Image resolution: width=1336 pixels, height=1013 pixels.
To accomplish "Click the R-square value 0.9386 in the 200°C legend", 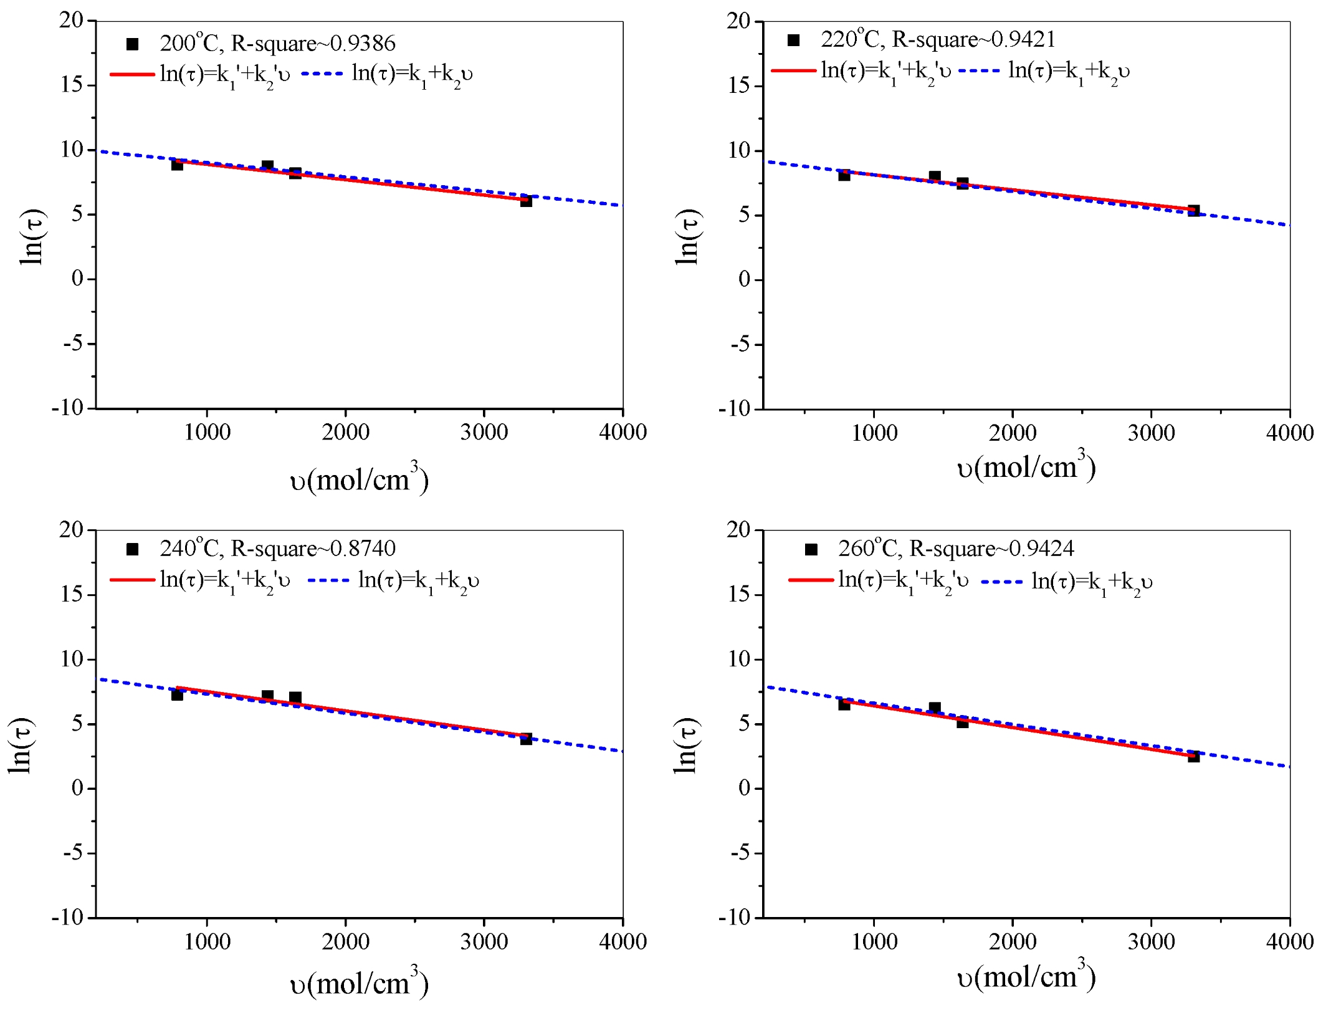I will click(362, 44).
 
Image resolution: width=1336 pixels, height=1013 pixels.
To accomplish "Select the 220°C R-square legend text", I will click(938, 40).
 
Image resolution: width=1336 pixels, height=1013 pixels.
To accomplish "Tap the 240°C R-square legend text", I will click(277, 549).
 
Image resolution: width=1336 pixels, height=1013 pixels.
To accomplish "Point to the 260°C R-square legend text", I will click(956, 549).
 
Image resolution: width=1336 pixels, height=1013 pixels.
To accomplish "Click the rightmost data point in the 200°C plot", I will click(526, 201).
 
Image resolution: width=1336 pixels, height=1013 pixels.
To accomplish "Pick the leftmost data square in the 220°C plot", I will click(844, 175).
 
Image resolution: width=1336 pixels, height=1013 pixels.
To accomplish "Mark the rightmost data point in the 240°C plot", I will click(526, 739).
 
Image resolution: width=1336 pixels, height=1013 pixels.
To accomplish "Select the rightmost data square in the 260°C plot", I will click(1193, 756).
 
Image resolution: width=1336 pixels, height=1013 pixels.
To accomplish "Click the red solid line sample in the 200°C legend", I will click(132, 74).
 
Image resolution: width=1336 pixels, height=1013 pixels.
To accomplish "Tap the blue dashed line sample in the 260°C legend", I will click(1002, 582).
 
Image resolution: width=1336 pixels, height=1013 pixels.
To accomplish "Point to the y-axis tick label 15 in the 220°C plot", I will click(740, 85).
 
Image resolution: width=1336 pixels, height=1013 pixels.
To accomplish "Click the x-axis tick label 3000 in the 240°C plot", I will click(484, 941).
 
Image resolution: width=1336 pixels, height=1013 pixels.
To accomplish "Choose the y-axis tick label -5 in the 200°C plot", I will click(73, 343).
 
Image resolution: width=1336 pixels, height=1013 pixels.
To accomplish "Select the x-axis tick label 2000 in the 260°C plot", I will click(1013, 941).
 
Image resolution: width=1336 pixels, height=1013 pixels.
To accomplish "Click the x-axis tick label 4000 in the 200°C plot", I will click(623, 432).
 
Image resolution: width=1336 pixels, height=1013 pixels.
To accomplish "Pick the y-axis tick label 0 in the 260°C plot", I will click(744, 788).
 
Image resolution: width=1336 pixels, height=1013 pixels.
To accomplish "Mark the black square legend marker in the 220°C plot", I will click(793, 41).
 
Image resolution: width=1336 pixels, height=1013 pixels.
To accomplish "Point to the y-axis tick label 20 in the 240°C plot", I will click(72, 530).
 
